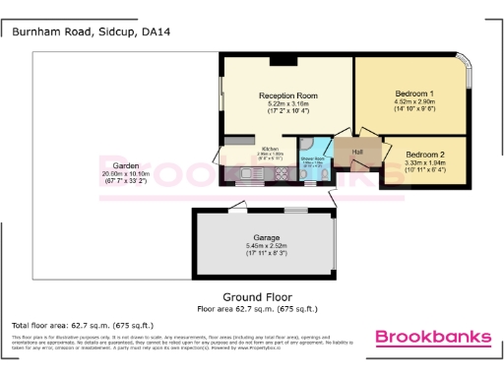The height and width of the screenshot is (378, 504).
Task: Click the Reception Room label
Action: tap(284, 94)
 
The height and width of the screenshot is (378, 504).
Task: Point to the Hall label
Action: tap(358, 152)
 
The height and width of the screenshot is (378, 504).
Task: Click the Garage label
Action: tap(267, 238)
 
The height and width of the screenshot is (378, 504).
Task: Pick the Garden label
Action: tap(125, 165)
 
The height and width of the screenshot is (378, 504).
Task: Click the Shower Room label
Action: tap(312, 158)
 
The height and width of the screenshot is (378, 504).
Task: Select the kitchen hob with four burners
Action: tap(279, 175)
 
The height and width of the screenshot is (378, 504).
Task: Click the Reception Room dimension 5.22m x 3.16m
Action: tap(284, 102)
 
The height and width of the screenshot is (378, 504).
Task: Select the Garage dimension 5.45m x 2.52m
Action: tap(267, 246)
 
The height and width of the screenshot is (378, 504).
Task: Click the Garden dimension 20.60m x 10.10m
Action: tap(125, 173)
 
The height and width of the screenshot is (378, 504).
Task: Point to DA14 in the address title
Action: tap(155, 31)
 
